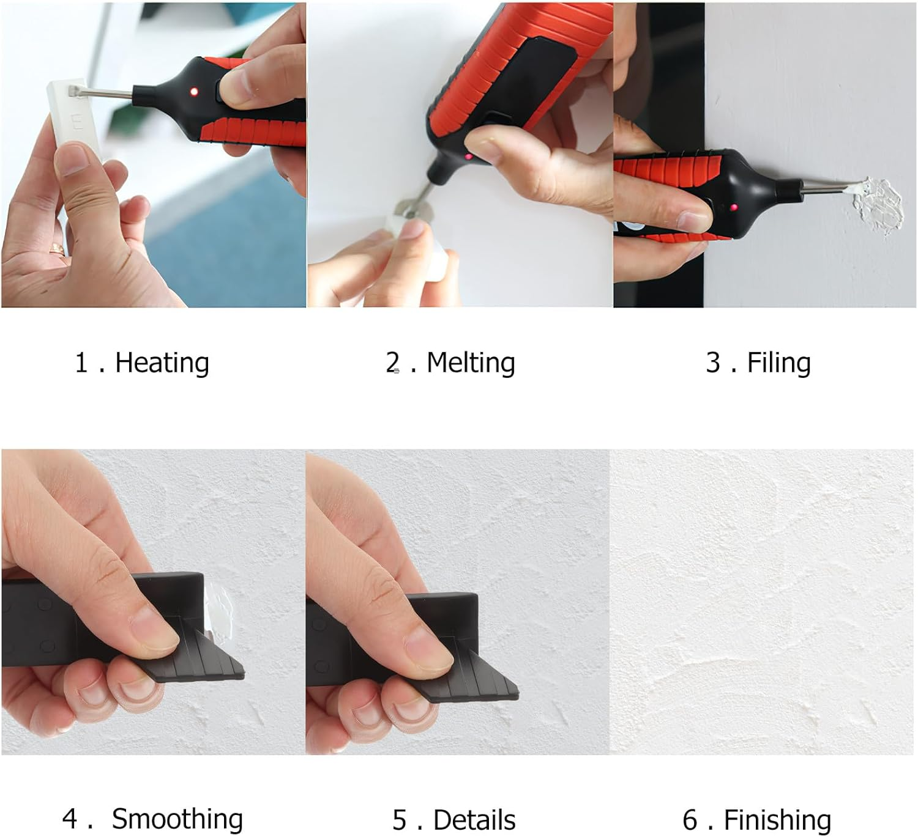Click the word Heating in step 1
162,363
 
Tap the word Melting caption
471,363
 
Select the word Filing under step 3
778,363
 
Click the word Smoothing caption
177,819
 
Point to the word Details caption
474,820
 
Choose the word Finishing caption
777,820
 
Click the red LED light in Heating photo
195,92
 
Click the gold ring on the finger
58,249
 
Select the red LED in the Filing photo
733,208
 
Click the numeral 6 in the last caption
690,820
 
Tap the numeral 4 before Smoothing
69,819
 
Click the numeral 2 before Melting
393,362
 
